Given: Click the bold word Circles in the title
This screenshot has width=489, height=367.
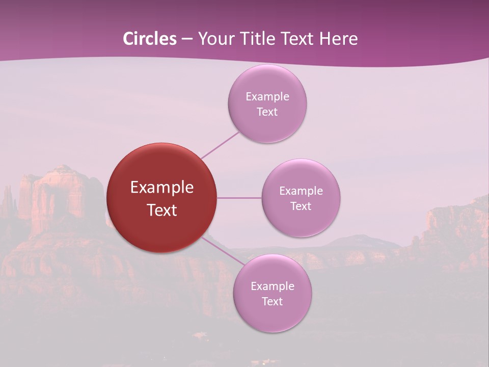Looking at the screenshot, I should point(150,39).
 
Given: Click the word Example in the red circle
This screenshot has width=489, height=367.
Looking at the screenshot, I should point(162,188).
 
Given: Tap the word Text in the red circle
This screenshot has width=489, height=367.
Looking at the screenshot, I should point(162,210).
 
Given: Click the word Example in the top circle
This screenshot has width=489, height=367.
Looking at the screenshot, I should point(267,97).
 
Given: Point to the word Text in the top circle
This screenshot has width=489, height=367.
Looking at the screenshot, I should point(267,112).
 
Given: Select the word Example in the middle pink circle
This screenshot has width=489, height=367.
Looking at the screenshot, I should point(301,191).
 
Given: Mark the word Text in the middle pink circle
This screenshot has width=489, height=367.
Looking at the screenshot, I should point(301,206).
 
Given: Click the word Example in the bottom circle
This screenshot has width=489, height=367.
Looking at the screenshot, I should point(273,286).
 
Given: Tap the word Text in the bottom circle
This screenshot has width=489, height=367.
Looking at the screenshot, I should point(272,302).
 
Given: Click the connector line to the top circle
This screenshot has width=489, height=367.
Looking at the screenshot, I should point(220,145).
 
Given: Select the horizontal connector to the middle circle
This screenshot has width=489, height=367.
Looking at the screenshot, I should point(239,198).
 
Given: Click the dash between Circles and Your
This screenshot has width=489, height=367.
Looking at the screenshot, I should point(187,39).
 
